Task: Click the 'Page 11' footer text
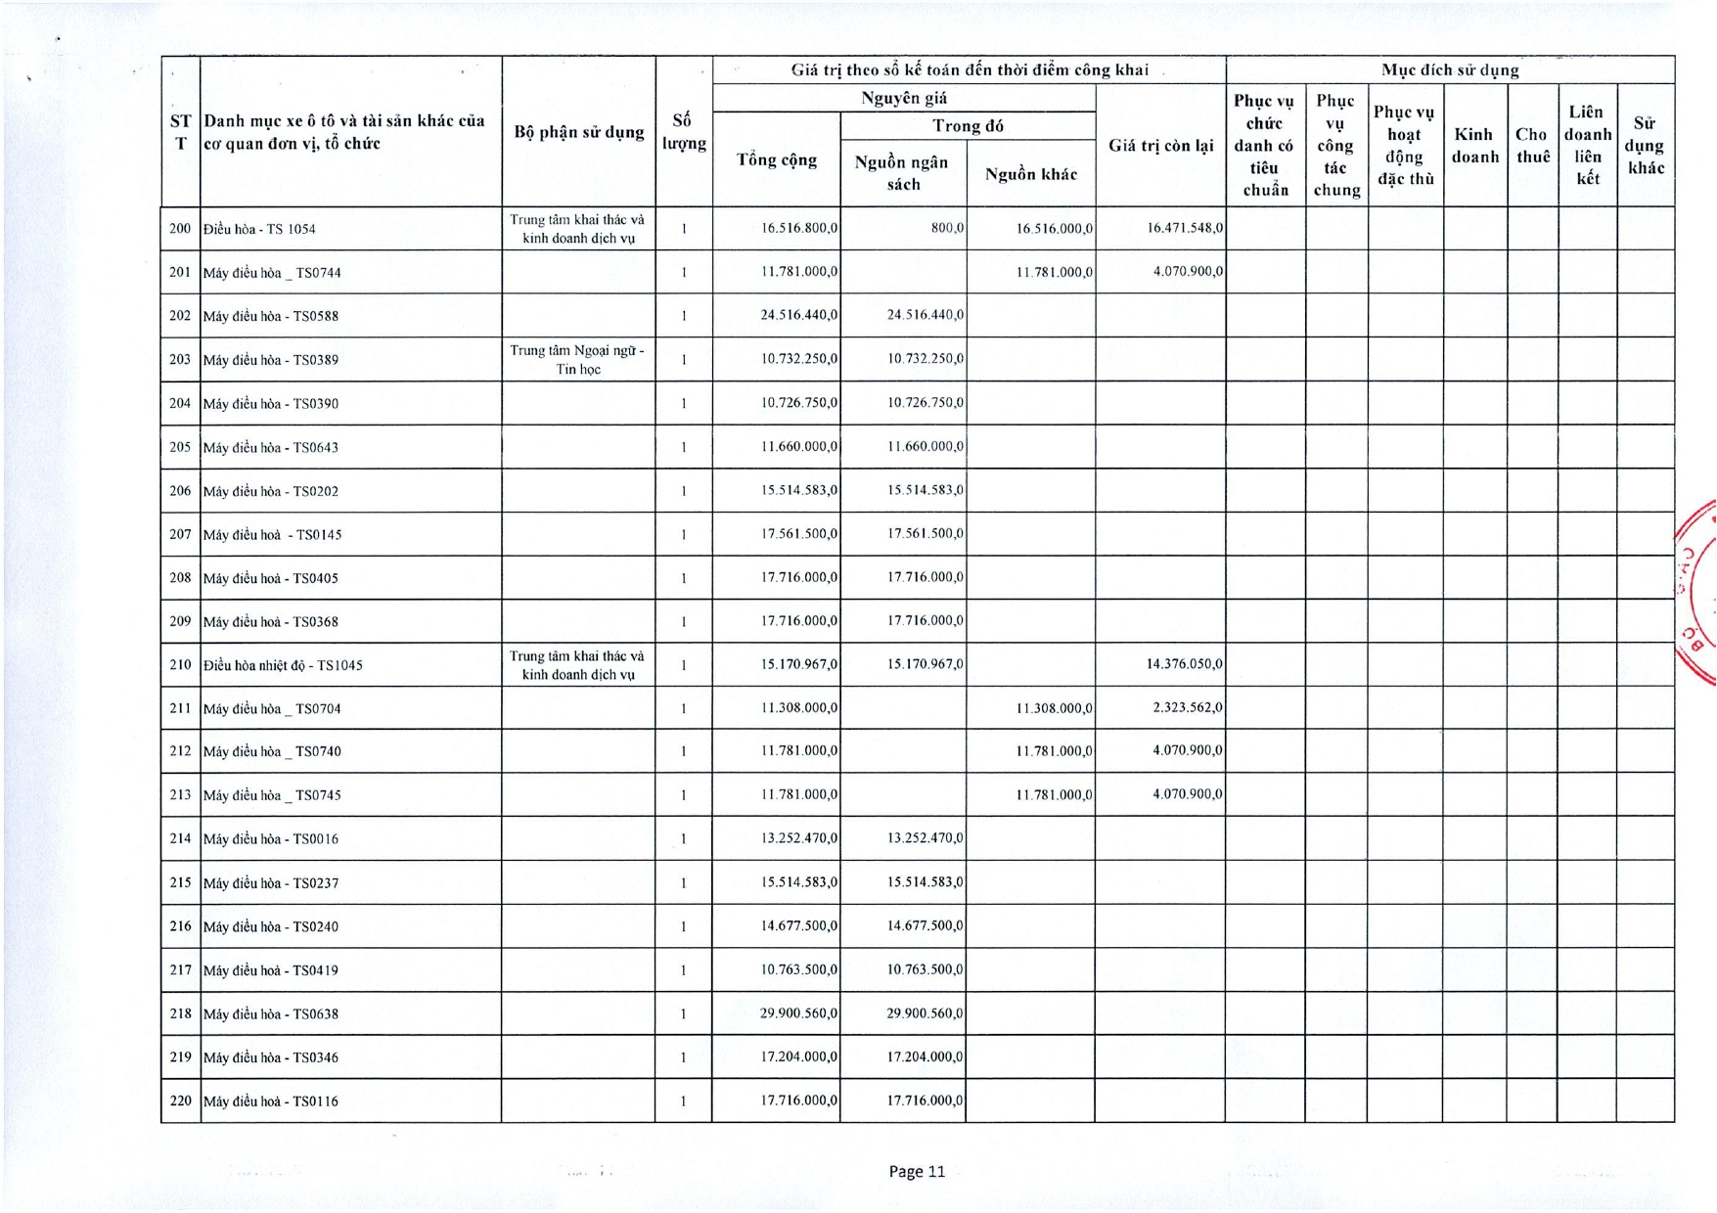click(x=917, y=1171)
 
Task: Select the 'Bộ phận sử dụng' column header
click(x=578, y=132)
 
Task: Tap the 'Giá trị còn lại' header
click(x=1160, y=146)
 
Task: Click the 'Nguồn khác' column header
click(x=1031, y=174)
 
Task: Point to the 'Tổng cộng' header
click(x=777, y=159)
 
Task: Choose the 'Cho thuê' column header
click(x=1532, y=145)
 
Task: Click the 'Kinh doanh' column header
click(x=1474, y=145)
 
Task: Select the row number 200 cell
click(x=180, y=229)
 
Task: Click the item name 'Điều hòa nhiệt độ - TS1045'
click(x=283, y=665)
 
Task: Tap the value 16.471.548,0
click(x=1185, y=228)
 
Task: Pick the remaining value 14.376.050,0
click(x=1184, y=664)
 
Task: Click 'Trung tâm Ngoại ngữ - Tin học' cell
click(x=577, y=360)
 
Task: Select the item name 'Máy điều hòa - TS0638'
click(x=271, y=1014)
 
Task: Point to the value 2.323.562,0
click(x=1188, y=707)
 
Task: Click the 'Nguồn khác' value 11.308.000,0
click(x=1055, y=708)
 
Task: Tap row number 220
click(x=180, y=1101)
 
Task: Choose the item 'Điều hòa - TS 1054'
click(x=259, y=229)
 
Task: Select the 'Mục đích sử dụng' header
click(x=1449, y=70)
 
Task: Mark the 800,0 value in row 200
click(x=947, y=228)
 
